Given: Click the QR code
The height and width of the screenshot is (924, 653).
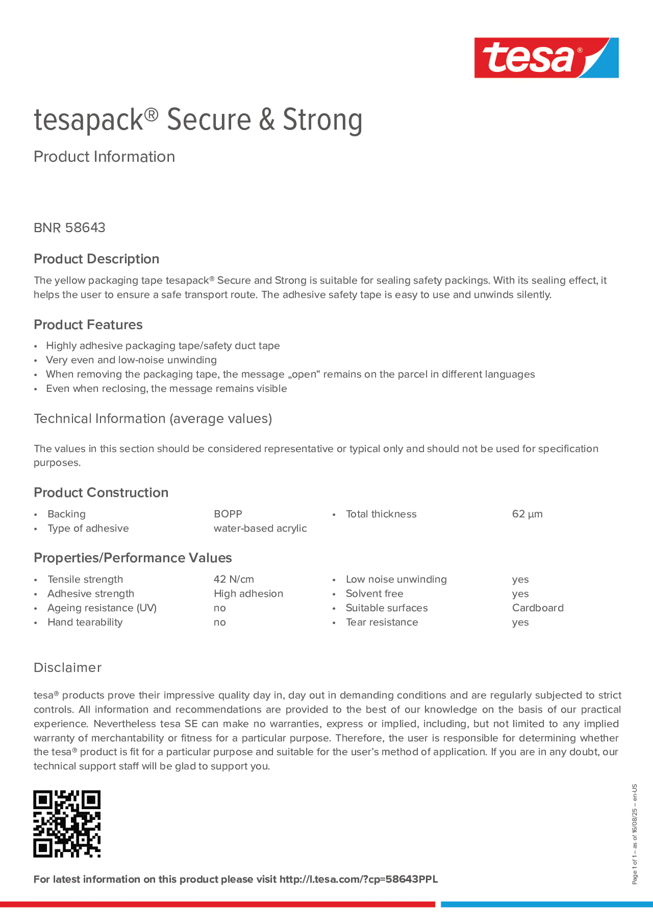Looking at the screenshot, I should [x=67, y=823].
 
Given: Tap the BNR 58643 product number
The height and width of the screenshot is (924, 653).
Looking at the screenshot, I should [x=70, y=228].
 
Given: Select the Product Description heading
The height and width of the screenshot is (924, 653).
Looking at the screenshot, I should [x=97, y=259].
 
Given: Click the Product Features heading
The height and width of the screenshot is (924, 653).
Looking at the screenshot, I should [x=88, y=325].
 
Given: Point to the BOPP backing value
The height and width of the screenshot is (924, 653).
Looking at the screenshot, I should [x=228, y=514].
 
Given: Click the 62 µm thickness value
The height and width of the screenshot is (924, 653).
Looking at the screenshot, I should [x=527, y=514].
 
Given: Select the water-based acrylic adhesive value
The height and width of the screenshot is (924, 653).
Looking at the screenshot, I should [x=260, y=528].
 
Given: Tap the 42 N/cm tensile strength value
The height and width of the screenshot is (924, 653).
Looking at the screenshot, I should [x=234, y=579].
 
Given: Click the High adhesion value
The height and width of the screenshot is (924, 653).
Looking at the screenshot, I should [x=248, y=594].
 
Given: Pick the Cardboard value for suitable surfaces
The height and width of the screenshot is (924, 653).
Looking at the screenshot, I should [x=537, y=608].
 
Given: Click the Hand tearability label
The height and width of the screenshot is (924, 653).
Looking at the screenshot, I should [x=85, y=622].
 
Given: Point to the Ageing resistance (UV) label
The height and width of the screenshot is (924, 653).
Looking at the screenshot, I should [x=102, y=608].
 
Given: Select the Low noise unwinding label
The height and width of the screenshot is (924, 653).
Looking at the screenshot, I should [x=396, y=579].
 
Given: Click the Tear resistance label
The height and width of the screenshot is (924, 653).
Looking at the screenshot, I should [x=382, y=622].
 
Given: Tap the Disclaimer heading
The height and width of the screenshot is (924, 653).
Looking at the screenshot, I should [x=67, y=668].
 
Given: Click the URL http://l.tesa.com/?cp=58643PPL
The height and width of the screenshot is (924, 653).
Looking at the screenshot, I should [x=358, y=879].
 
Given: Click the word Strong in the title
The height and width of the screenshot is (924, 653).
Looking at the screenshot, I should [x=323, y=120].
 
